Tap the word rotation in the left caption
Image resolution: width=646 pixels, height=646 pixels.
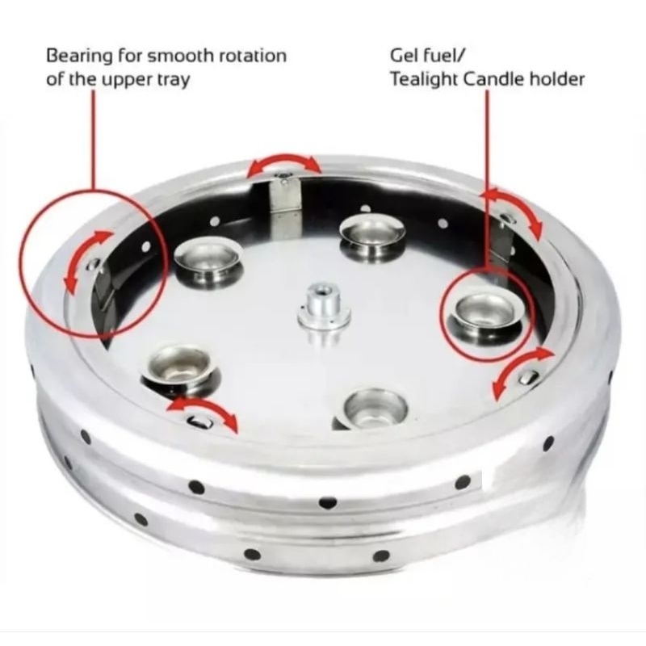point(252,56)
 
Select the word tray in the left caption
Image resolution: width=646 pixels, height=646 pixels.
point(174,79)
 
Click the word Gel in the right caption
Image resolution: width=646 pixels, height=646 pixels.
point(404,55)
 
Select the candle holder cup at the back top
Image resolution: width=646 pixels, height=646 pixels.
point(372,236)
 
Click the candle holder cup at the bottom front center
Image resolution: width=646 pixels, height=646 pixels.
point(375,409)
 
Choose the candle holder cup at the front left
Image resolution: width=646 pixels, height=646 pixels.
point(180,369)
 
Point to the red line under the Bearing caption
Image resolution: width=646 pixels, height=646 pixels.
point(93,140)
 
